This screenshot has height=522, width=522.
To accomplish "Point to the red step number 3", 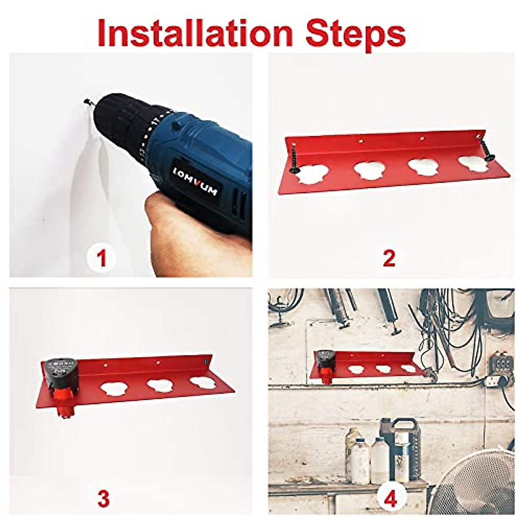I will [103, 499].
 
